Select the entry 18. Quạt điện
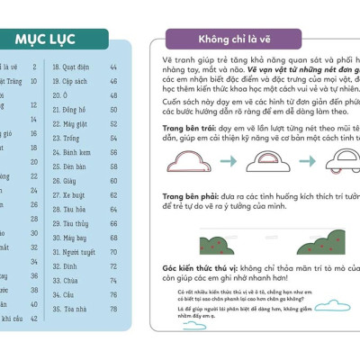80,67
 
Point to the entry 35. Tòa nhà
79,310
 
